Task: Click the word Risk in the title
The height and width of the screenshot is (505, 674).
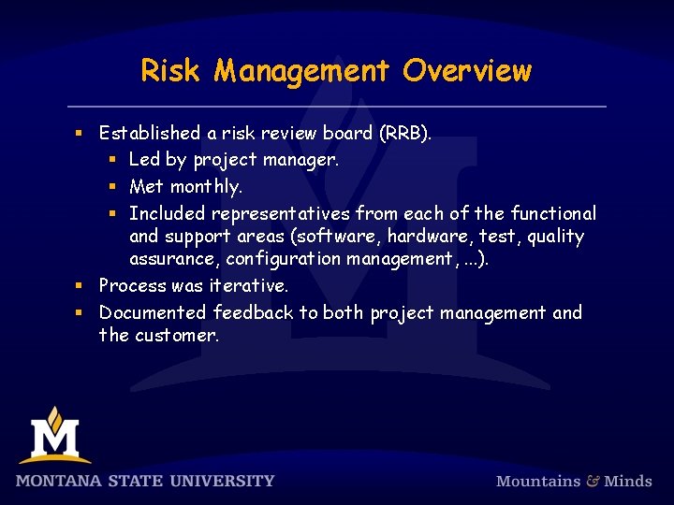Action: pyautogui.click(x=171, y=70)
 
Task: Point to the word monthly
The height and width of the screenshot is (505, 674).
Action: pyautogui.click(x=206, y=186)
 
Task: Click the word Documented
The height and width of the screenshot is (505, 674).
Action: pyautogui.click(x=153, y=311)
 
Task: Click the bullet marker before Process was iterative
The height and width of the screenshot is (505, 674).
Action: pyautogui.click(x=81, y=285)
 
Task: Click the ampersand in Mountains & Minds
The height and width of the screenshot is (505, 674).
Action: pyautogui.click(x=593, y=481)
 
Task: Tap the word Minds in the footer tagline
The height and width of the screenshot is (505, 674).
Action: pyautogui.click(x=627, y=481)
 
